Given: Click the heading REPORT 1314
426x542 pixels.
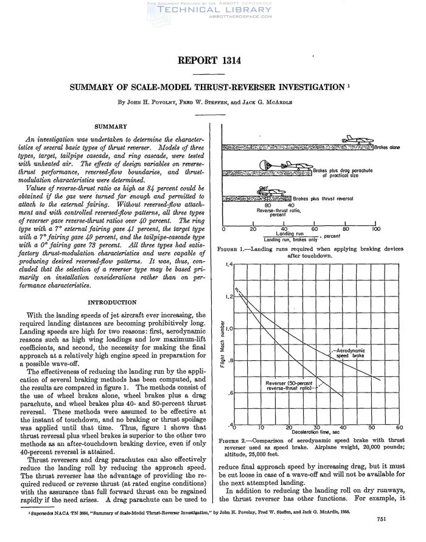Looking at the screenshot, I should (212, 60).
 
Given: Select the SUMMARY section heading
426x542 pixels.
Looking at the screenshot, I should (110, 126).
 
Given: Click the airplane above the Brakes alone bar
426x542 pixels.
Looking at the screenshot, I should (355, 140).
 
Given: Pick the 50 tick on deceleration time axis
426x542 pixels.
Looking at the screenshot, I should (372, 427).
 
